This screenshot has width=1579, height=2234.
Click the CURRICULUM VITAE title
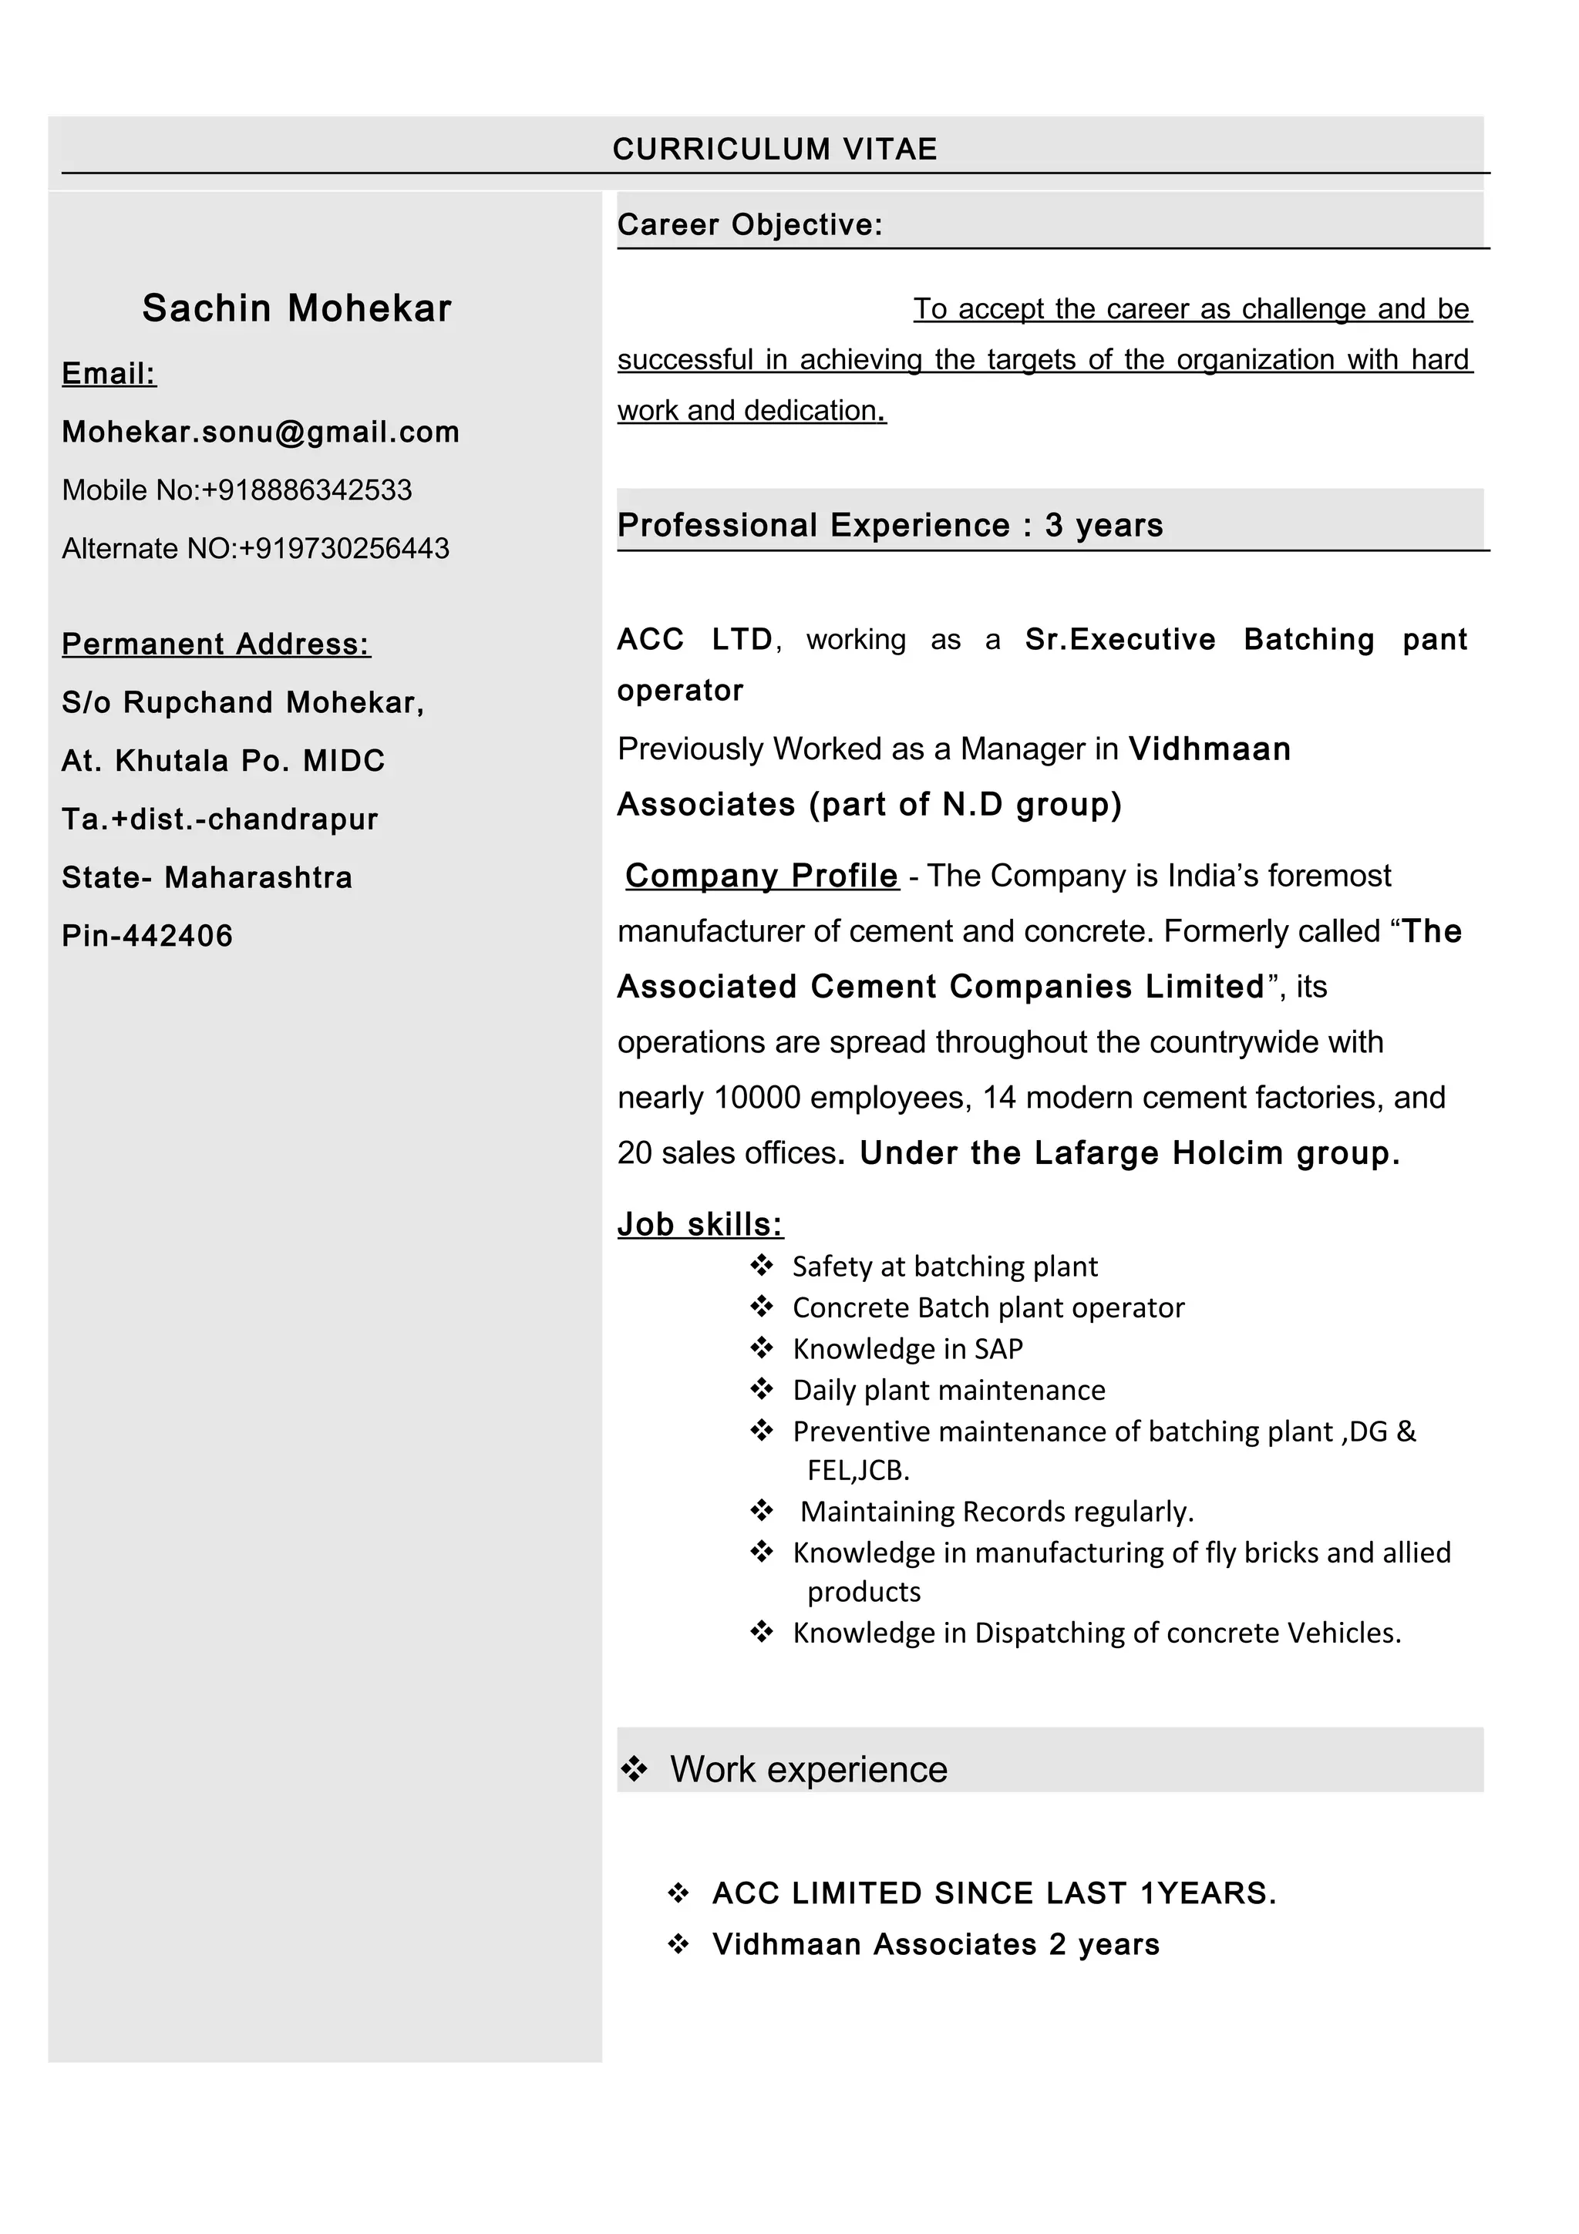coord(774,149)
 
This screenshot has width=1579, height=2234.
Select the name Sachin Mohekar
coord(297,308)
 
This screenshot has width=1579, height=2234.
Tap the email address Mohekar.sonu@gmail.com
coord(261,432)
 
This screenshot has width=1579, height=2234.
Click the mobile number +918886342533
coord(306,490)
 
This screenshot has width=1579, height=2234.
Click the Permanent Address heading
coord(216,644)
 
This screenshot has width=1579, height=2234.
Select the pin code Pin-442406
coord(147,936)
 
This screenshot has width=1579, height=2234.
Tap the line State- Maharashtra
coord(207,877)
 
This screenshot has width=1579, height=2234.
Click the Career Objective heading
coord(750,225)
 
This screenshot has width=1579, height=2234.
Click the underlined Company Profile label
coord(762,876)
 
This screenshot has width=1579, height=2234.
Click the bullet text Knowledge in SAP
coord(907,1348)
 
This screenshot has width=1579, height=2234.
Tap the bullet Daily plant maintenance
coord(948,1389)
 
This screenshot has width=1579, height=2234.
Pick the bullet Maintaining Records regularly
coord(996,1511)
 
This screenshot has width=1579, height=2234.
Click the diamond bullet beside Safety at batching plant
coord(762,1265)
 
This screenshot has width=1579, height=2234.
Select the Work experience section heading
coord(807,1770)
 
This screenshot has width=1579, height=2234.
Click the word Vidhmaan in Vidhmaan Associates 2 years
coord(786,1944)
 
